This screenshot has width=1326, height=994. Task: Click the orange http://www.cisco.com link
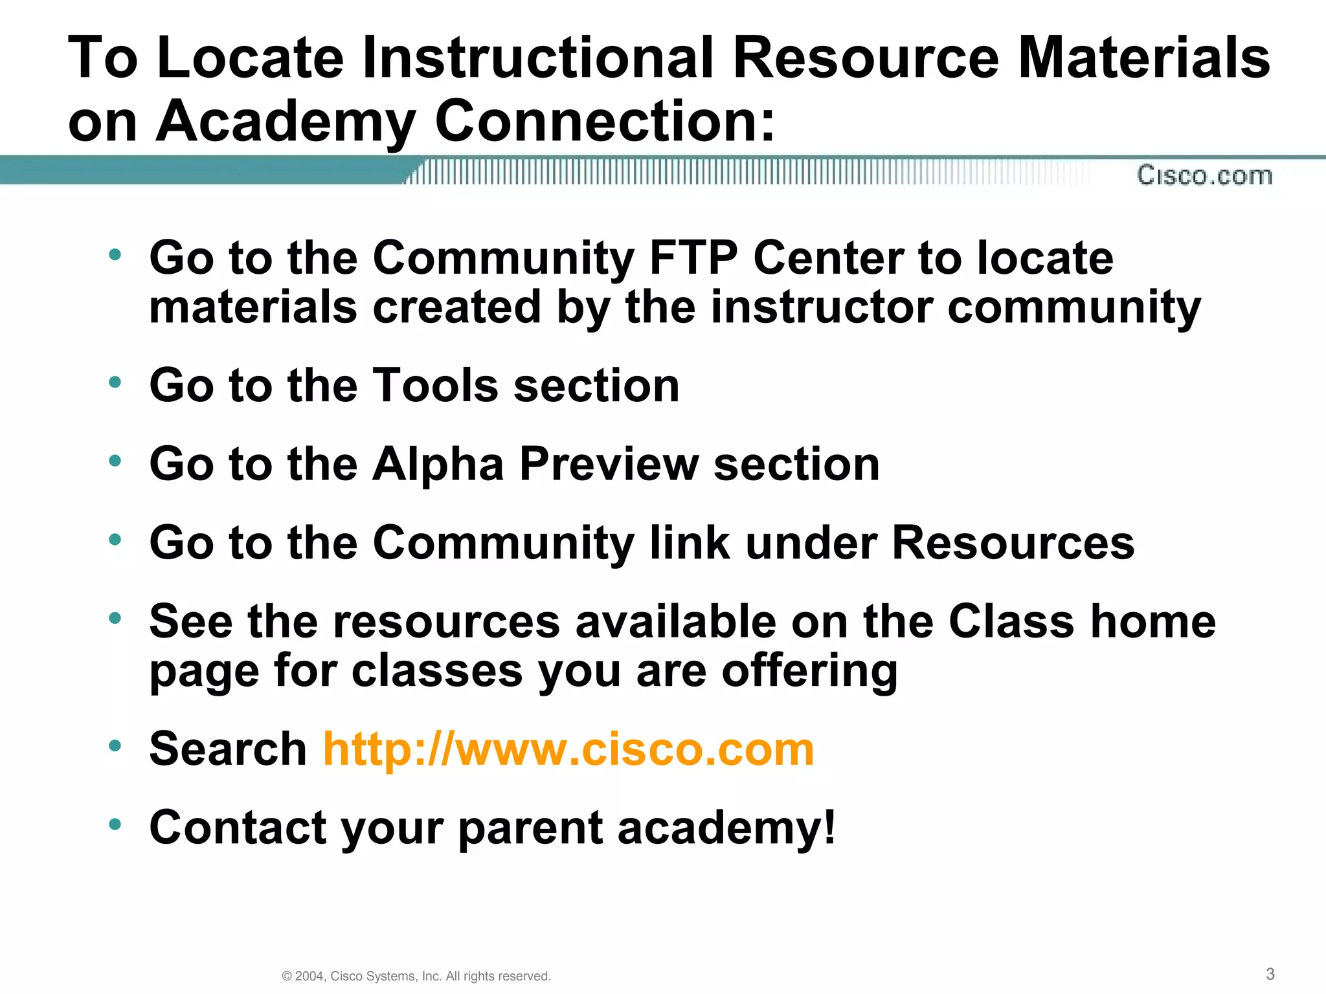pyautogui.click(x=568, y=749)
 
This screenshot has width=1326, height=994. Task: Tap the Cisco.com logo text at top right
pyautogui.click(x=1204, y=175)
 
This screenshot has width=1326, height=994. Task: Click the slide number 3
pyautogui.click(x=1270, y=974)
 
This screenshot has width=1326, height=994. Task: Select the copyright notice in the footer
pyautogui.click(x=416, y=976)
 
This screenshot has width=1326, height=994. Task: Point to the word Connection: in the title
pyautogui.click(x=605, y=121)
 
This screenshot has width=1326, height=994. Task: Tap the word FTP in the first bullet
pyautogui.click(x=693, y=258)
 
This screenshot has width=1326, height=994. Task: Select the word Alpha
pyautogui.click(x=438, y=465)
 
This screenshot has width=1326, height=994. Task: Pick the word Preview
pyautogui.click(x=609, y=465)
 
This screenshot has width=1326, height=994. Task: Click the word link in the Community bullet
pyautogui.click(x=690, y=543)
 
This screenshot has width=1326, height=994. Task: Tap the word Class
pyautogui.click(x=1012, y=622)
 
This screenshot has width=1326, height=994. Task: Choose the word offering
pyautogui.click(x=809, y=671)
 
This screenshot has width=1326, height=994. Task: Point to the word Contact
pyautogui.click(x=238, y=828)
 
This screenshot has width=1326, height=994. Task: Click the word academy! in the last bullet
pyautogui.click(x=726, y=829)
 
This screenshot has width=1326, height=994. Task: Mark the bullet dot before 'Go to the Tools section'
pyautogui.click(x=115, y=382)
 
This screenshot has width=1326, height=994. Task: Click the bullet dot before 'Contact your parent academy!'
pyautogui.click(x=115, y=824)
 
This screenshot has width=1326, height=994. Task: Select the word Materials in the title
pyautogui.click(x=1143, y=58)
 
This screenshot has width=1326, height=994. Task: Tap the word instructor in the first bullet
pyautogui.click(x=821, y=307)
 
